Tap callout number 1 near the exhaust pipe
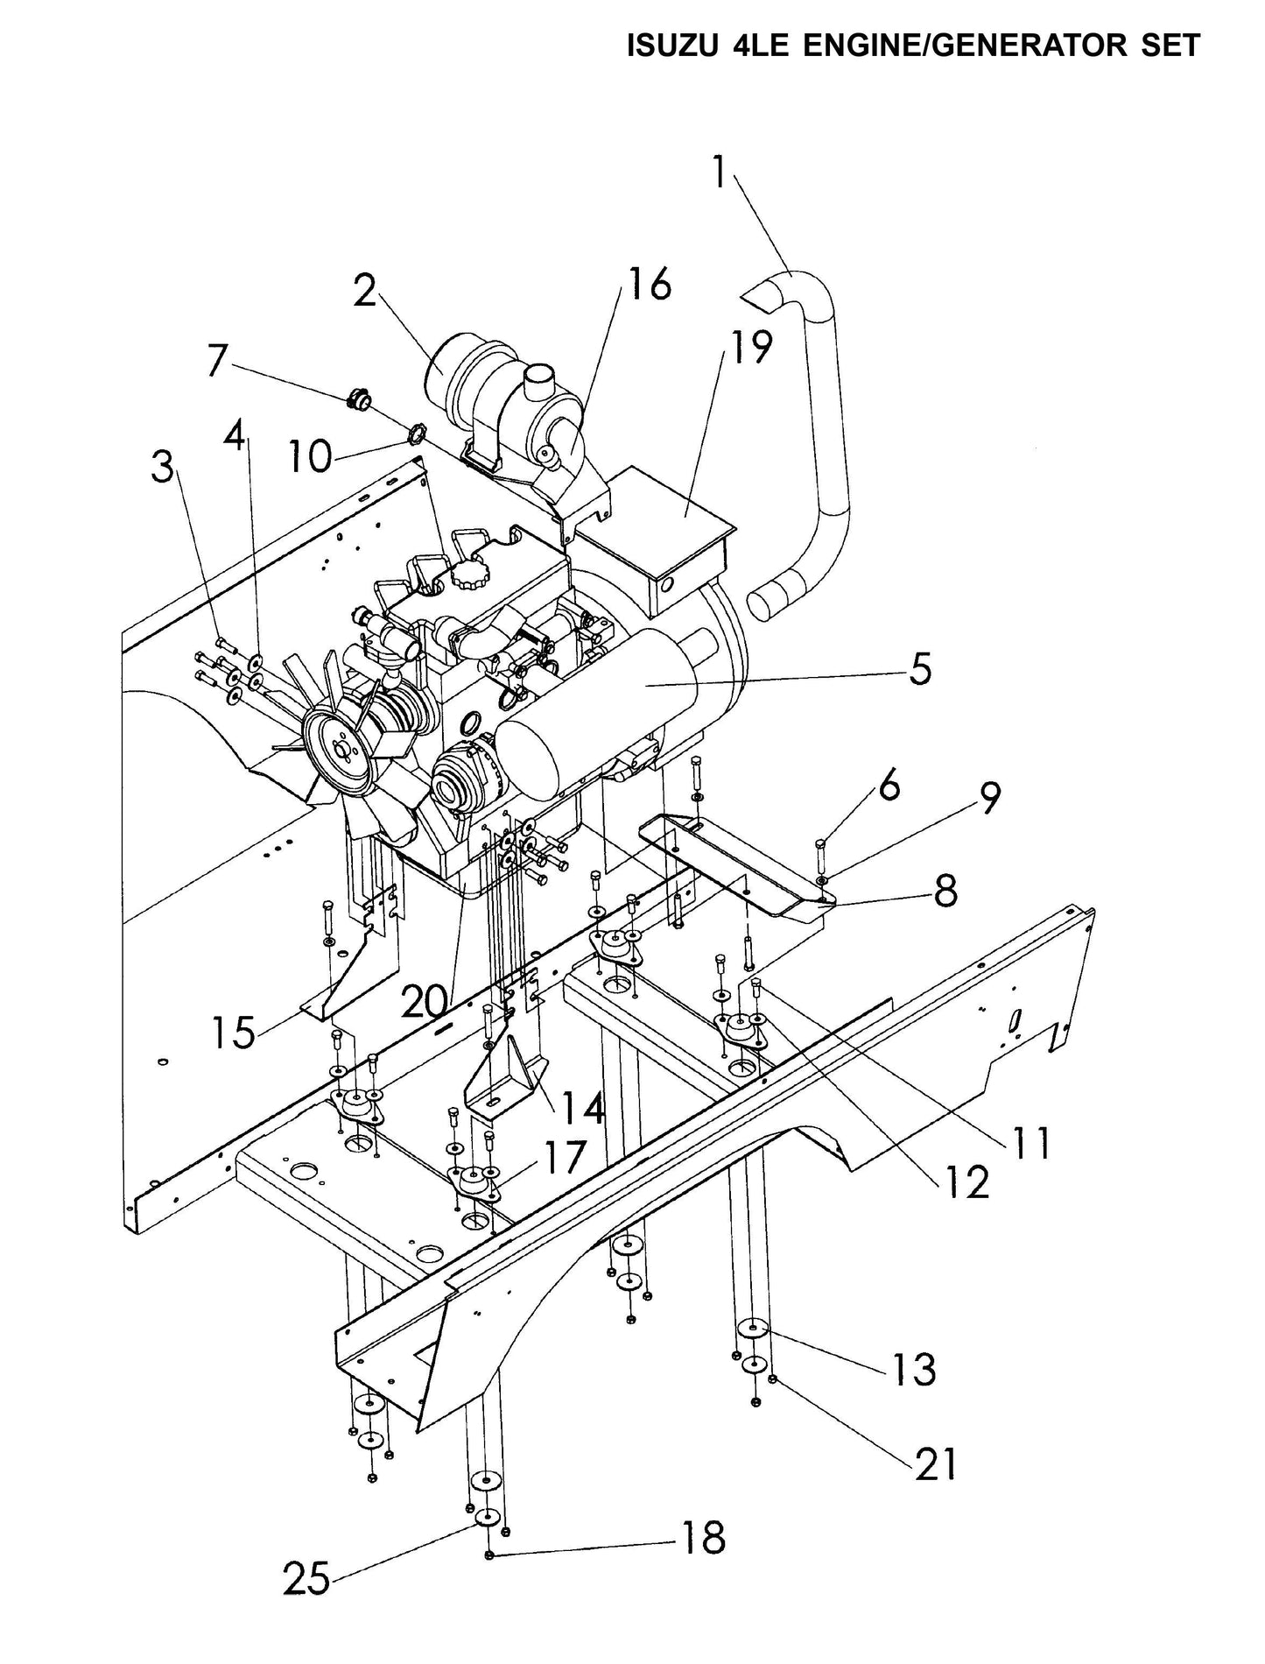tap(718, 173)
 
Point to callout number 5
tap(919, 670)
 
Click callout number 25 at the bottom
tap(306, 1580)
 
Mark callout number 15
tap(233, 1032)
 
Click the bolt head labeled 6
tap(820, 846)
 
